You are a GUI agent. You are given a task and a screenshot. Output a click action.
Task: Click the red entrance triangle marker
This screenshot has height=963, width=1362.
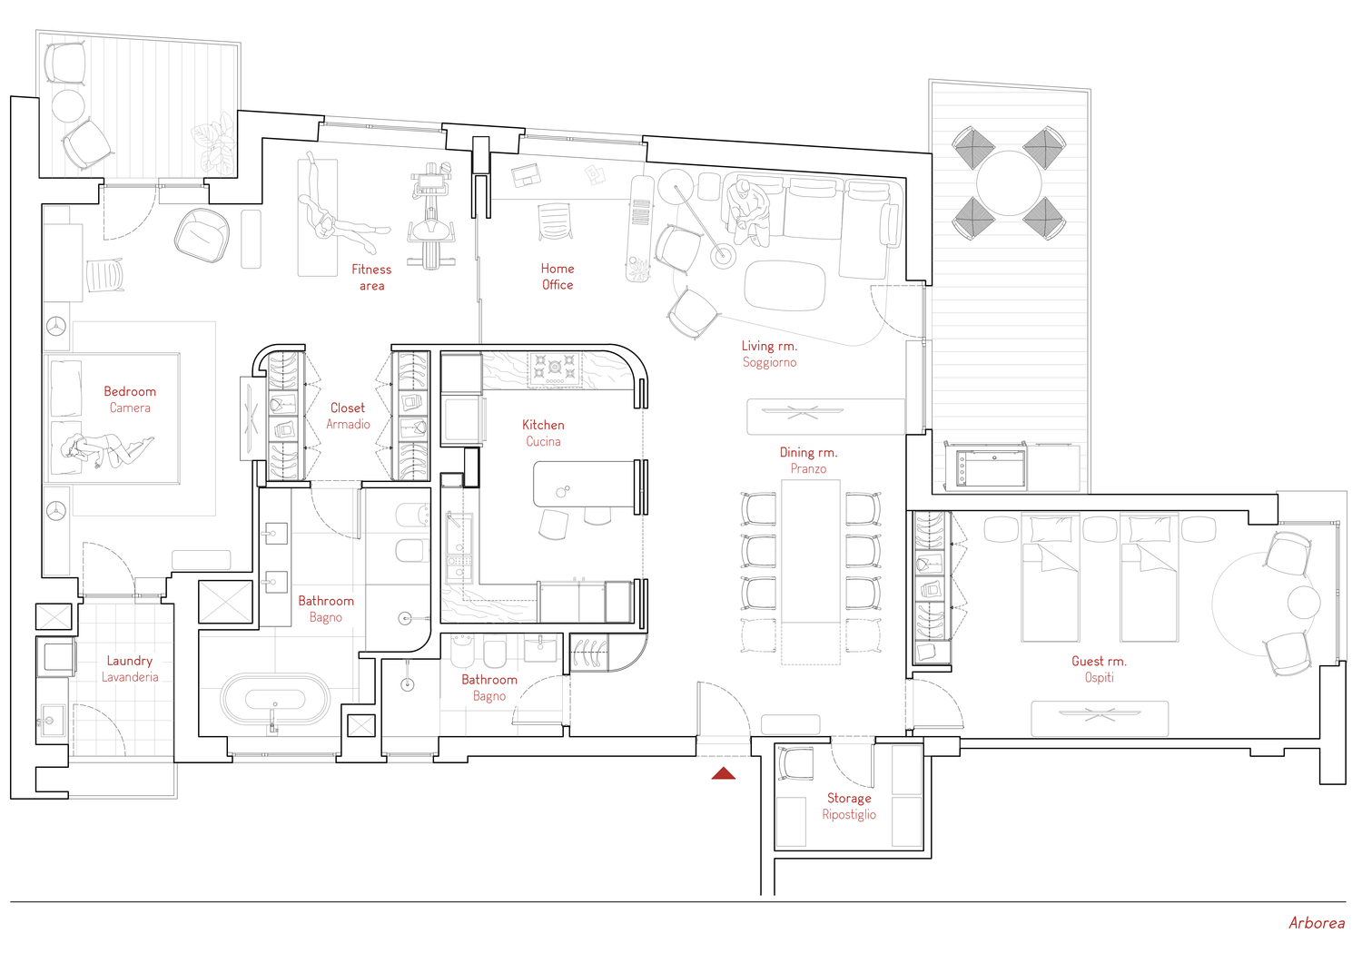724,773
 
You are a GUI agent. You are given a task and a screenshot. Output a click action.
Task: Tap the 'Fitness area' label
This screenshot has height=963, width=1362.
371,277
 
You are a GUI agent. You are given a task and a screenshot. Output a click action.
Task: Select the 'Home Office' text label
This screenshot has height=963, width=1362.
557,277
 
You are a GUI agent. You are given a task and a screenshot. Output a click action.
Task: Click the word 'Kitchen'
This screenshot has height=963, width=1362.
543,425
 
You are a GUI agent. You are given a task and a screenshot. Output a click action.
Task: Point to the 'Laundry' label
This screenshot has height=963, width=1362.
130,661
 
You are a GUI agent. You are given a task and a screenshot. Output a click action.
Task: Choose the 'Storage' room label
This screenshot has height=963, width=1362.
849,798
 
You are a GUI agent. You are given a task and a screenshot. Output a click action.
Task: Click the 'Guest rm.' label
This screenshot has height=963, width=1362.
1099,661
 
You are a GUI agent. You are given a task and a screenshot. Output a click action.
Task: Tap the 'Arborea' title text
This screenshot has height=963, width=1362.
1317,923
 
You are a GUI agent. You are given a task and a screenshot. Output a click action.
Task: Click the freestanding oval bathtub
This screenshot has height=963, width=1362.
275,699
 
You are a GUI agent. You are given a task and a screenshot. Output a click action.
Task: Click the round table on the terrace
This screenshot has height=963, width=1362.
1008,183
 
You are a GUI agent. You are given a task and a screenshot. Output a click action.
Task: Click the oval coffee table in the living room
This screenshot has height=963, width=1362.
785,285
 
